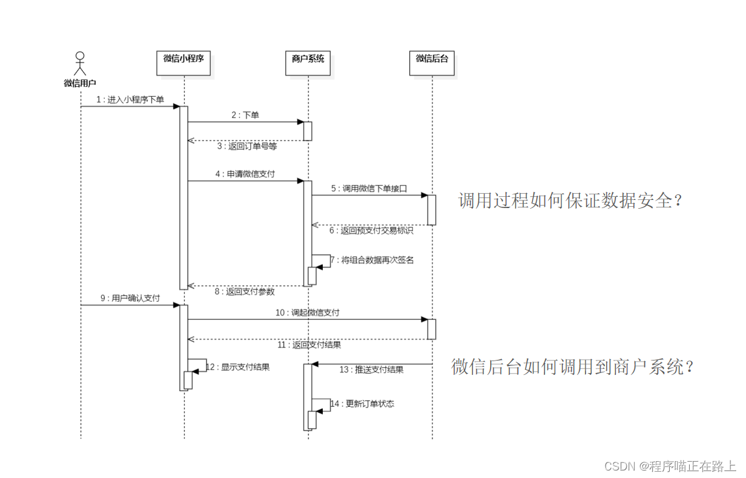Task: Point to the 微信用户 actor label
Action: [80, 82]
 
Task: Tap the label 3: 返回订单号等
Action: [247, 147]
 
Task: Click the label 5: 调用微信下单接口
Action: [369, 188]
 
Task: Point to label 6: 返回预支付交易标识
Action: [372, 230]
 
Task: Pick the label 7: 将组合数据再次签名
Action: [373, 260]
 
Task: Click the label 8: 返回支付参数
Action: [245, 291]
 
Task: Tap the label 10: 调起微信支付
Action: [307, 312]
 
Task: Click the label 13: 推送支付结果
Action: [371, 369]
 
